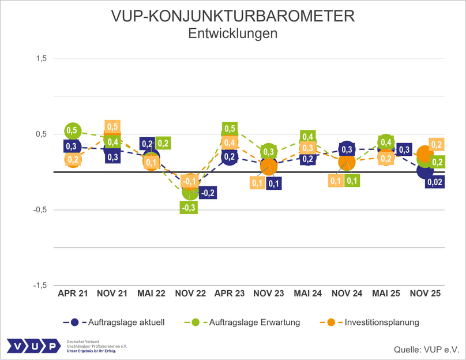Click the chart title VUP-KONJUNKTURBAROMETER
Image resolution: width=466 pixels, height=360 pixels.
pos(233,16)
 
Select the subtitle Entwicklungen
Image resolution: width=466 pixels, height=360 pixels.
pos(233,34)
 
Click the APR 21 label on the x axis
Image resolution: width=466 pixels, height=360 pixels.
pos(73,294)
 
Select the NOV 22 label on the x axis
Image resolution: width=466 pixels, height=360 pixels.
pos(190,294)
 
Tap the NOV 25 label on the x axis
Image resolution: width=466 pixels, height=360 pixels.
pos(425,294)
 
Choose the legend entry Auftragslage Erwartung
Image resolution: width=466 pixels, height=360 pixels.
pos(256,322)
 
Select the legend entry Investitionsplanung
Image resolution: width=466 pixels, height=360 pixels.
pos(382,322)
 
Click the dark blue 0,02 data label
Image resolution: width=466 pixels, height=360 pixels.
pos(435,182)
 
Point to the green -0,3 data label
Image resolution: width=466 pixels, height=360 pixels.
pos(189,207)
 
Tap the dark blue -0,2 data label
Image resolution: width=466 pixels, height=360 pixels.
pos(208,193)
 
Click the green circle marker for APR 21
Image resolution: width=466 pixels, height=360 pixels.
pos(73,131)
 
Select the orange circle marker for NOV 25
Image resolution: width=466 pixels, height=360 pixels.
pos(424,154)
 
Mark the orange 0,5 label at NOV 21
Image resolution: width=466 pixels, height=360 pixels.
pos(112,127)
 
